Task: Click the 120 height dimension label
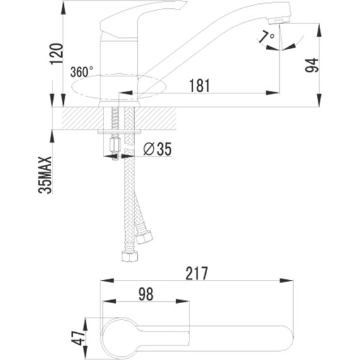(x=56, y=56)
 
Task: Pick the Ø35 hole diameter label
(x=156, y=149)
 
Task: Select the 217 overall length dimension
(x=198, y=273)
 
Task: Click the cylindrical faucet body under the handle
(x=119, y=60)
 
